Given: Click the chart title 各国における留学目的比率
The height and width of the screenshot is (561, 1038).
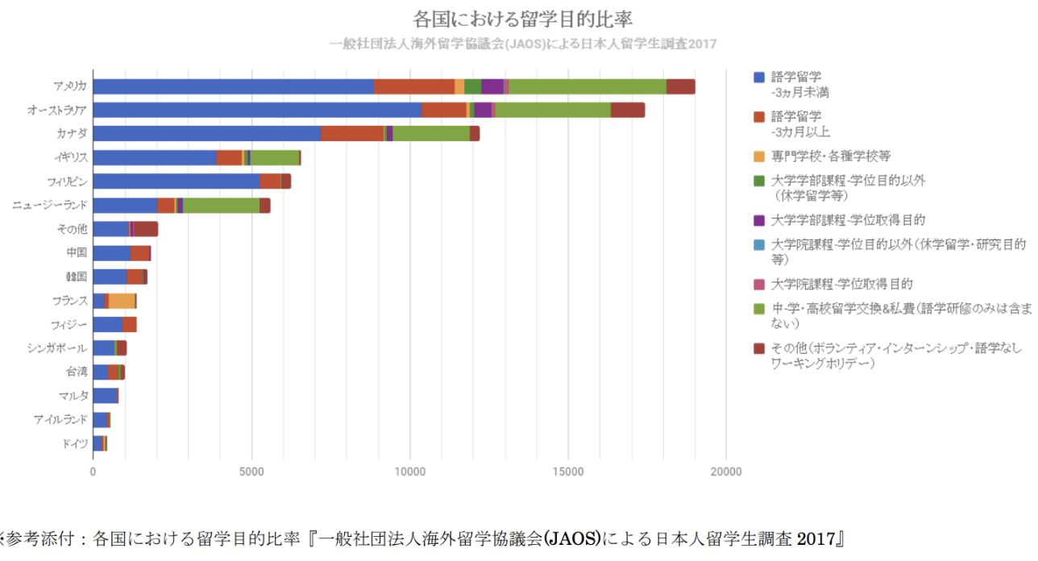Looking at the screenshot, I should tap(528, 18).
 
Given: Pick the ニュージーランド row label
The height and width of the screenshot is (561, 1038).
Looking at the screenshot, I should tap(50, 205).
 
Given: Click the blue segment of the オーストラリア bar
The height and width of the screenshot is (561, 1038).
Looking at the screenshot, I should tap(257, 110).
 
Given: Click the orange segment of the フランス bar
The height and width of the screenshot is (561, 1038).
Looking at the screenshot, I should tap(121, 301).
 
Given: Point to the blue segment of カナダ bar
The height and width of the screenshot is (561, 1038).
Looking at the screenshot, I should tap(206, 134).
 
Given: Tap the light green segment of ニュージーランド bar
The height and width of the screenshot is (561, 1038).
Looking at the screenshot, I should tap(221, 206).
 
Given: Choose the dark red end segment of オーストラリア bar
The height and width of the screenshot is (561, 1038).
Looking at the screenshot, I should tap(627, 110).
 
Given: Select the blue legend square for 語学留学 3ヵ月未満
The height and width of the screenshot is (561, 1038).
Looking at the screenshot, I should tap(758, 78).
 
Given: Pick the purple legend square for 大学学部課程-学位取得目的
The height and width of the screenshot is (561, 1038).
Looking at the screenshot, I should tap(758, 219).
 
